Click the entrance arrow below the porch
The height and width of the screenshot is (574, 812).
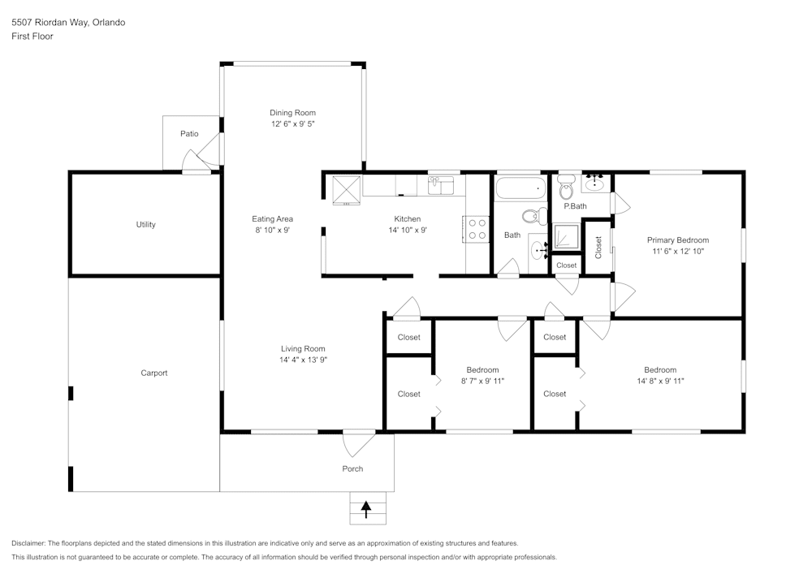click(x=366, y=509)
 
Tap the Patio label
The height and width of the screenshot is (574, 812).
click(x=189, y=134)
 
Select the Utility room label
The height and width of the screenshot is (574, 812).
click(x=146, y=225)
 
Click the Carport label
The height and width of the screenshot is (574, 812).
click(x=153, y=373)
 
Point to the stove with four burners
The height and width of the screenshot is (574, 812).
click(x=477, y=229)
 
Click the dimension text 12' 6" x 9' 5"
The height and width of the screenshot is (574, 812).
click(x=292, y=124)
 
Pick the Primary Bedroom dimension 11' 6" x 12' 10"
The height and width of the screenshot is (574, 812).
click(x=677, y=252)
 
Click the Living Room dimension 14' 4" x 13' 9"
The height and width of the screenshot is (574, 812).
click(x=303, y=360)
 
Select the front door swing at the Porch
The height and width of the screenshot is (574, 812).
click(x=357, y=442)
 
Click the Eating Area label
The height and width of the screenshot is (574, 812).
click(x=272, y=219)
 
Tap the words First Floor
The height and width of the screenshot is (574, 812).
click(x=32, y=37)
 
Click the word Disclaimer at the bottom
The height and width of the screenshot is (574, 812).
click(x=28, y=543)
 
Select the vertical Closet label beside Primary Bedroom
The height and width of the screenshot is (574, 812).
click(x=598, y=247)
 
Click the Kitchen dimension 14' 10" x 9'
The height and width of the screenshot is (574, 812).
click(x=408, y=231)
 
